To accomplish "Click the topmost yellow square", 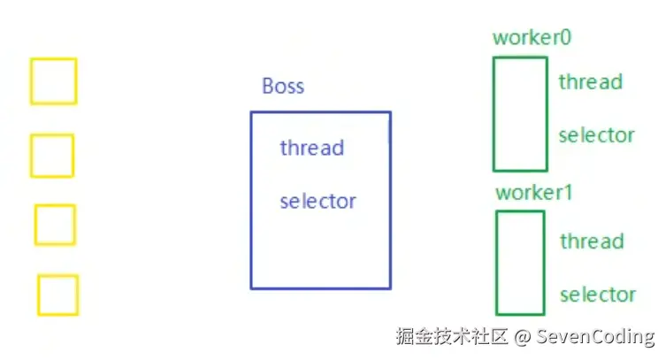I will (54, 80).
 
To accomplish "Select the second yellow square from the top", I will (52, 156).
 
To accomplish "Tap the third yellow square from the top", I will (55, 225).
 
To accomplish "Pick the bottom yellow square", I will (57, 295).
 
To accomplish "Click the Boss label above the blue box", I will (283, 86).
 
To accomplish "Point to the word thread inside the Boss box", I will (311, 148).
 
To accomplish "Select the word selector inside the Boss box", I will (318, 201).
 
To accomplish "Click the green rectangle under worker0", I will (520, 113).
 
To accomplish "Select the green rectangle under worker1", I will (520, 262).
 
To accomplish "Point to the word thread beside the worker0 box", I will (591, 82).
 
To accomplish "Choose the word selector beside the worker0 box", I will (597, 135).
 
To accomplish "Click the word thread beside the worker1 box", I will (592, 241).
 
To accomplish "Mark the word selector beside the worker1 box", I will (598, 295).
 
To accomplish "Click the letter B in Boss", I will (268, 86).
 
